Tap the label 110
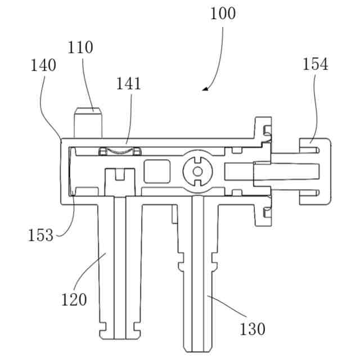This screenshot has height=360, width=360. tap(81, 47)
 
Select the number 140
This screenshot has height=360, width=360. tap(43, 65)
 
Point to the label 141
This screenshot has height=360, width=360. tap(129, 84)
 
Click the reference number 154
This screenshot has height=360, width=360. tap(315, 64)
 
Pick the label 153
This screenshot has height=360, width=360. tap(40, 235)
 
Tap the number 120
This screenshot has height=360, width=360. tap(74, 299)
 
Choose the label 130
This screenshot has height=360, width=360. tap(252, 328)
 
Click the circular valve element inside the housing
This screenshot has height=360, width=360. tap(197, 170)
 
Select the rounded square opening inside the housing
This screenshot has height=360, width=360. tap(157, 170)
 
